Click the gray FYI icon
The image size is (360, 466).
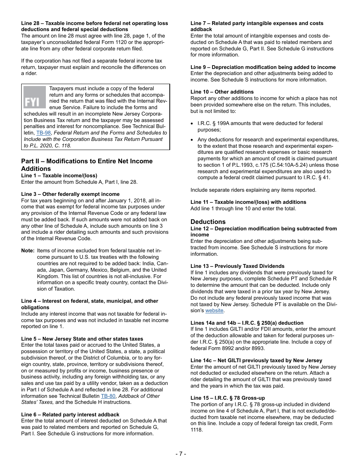(x=34, y=97)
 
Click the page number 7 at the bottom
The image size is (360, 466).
(x=180, y=453)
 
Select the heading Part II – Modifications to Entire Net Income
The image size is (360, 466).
(x=87, y=161)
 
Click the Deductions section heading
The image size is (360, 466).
(x=208, y=222)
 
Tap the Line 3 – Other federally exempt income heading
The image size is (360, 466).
(x=70, y=194)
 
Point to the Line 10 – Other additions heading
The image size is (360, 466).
(x=222, y=92)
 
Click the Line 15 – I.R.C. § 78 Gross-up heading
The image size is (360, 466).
(x=227, y=398)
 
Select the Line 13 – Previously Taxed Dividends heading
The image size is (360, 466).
(x=237, y=266)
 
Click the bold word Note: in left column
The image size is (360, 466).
(x=28, y=251)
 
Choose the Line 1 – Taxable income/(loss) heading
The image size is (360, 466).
(x=59, y=175)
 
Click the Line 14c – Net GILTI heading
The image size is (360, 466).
(x=256, y=360)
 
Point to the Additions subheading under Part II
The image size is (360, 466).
(x=36, y=169)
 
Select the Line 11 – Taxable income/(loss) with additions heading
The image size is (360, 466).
(x=248, y=202)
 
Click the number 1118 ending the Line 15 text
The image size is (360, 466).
(x=197, y=430)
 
